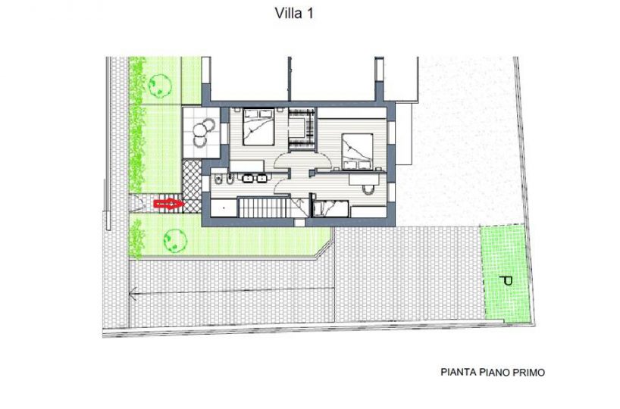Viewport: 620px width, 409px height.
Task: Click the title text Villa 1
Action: pos(294,14)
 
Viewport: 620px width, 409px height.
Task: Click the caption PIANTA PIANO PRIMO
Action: pos(493,372)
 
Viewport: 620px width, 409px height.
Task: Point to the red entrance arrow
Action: pos(169,204)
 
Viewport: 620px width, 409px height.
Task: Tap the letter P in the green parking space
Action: pos(506,281)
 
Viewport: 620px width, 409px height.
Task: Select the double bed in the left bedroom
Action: pos(258,127)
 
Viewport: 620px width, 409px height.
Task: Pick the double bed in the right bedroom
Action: pos(358,151)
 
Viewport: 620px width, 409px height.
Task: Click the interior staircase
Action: pos(265,208)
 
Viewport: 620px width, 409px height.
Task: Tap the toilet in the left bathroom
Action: pos(218,180)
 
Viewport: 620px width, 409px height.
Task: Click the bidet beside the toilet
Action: pos(230,179)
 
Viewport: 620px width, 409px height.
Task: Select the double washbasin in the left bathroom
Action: pos(255,178)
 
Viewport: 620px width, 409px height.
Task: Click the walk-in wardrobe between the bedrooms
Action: pos(302,128)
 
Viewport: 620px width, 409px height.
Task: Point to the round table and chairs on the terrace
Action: pos(203,133)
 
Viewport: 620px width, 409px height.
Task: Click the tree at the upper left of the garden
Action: pos(160,85)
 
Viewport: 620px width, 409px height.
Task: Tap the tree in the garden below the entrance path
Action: pos(175,239)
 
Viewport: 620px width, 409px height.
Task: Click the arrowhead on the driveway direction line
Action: pos(133,294)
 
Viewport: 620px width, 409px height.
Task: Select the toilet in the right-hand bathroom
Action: pos(368,189)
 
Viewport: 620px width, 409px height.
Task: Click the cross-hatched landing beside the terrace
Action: pos(193,179)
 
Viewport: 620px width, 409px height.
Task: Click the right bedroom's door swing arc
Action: pos(321,158)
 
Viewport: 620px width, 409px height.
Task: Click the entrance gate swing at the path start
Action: pos(138,202)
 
